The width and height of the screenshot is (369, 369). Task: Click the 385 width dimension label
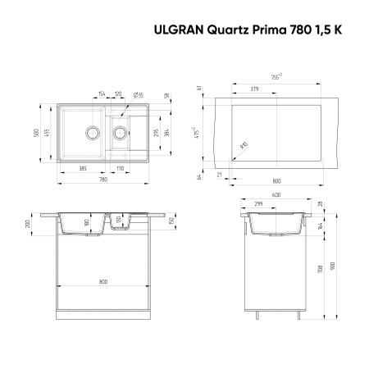(82, 168)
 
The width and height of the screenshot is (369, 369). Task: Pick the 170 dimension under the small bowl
(120, 168)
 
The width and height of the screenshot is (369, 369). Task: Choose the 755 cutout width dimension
(276, 75)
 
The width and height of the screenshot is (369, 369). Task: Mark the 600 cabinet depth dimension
(276, 194)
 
